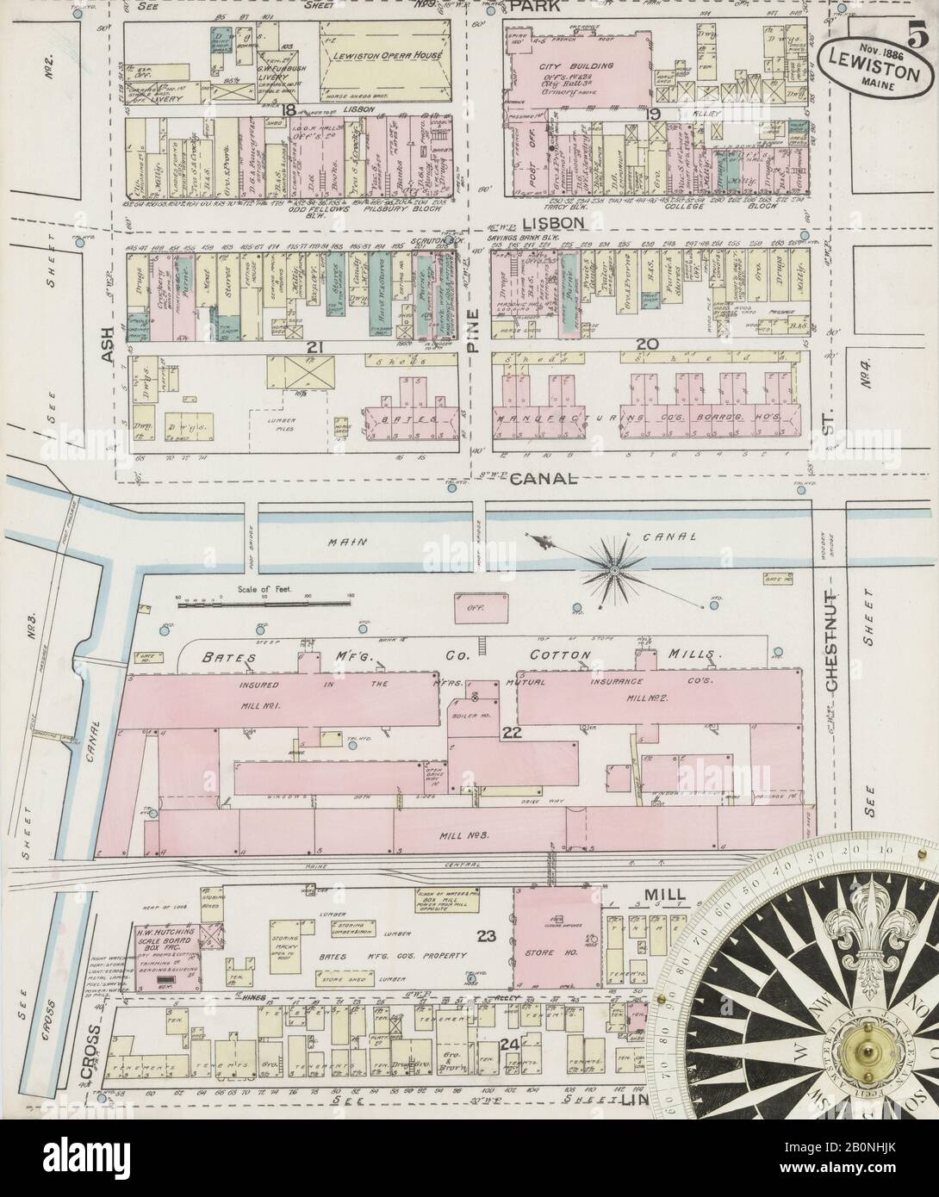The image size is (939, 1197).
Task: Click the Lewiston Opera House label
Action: click(x=381, y=55)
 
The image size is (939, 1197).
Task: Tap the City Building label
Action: click(x=563, y=65)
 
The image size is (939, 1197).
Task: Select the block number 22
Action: click(x=512, y=732)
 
